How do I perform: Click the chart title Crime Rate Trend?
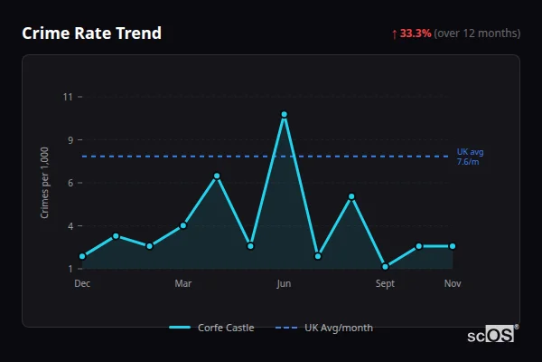pyautogui.click(x=91, y=33)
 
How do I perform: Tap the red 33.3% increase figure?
pyautogui.click(x=416, y=33)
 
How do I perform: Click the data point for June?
pyautogui.click(x=284, y=115)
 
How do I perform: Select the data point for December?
pyautogui.click(x=82, y=256)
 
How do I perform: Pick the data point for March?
pyautogui.click(x=183, y=225)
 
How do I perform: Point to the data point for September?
pyautogui.click(x=385, y=267)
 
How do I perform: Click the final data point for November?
pyautogui.click(x=453, y=246)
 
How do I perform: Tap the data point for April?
pyautogui.click(x=217, y=176)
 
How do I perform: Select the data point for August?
pyautogui.click(x=351, y=196)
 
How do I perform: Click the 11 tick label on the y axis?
pyautogui.click(x=68, y=97)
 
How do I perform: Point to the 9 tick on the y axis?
pyautogui.click(x=70, y=140)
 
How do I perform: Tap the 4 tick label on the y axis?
pyautogui.click(x=70, y=226)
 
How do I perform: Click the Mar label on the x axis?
pyautogui.click(x=183, y=284)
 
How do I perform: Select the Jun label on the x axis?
pyautogui.click(x=284, y=284)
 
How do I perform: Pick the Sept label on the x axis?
pyautogui.click(x=385, y=284)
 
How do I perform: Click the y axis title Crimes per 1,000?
pyautogui.click(x=44, y=183)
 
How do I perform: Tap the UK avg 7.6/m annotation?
pyautogui.click(x=469, y=157)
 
